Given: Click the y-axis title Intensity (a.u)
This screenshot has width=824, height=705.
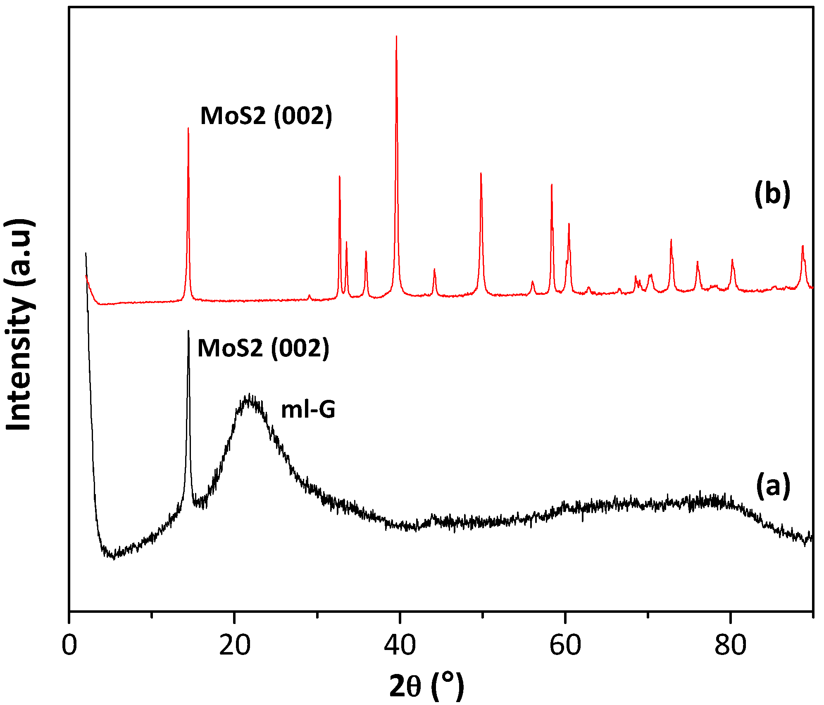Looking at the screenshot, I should pos(19,325).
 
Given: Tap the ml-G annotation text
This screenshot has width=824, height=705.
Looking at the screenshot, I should pos(308,410).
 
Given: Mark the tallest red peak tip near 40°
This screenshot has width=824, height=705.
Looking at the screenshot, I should pos(396,36).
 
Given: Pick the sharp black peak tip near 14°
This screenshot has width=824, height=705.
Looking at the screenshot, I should pos(188,331).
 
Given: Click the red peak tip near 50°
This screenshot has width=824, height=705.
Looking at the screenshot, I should pos(481,173).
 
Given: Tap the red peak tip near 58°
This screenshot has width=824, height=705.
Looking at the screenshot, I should pos(552,184).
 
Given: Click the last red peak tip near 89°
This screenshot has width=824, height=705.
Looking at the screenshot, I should pos(803,246).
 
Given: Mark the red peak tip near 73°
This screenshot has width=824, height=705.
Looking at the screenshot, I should pos(671,240).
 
